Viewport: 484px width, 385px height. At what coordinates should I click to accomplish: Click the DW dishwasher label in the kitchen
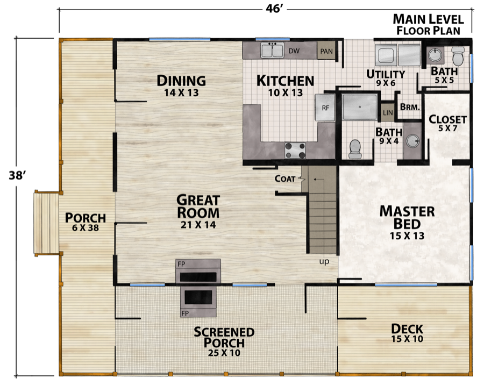click(294, 51)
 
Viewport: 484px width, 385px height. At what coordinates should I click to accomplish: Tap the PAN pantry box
click(326, 52)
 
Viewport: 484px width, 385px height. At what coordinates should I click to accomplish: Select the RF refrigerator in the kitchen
click(325, 107)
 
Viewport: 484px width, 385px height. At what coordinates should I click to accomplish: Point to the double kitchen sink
click(273, 51)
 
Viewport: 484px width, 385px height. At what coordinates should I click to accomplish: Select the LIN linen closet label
click(387, 113)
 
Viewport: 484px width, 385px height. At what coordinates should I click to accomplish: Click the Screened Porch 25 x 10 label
click(224, 340)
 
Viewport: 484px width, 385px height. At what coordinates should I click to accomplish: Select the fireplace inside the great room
click(198, 271)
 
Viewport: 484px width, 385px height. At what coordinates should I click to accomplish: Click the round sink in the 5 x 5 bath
click(433, 55)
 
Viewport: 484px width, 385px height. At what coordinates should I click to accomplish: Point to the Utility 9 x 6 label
click(385, 77)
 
